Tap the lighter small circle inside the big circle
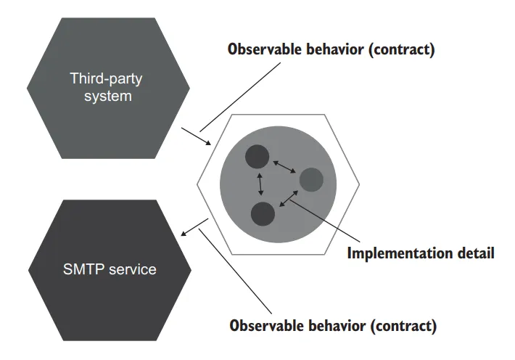click(311, 179)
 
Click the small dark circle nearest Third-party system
click(257, 156)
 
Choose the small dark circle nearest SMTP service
click(262, 214)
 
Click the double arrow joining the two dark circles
click(259, 185)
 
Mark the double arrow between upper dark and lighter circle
click(284, 166)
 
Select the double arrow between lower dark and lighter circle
click(288, 198)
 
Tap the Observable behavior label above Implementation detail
click(331, 50)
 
